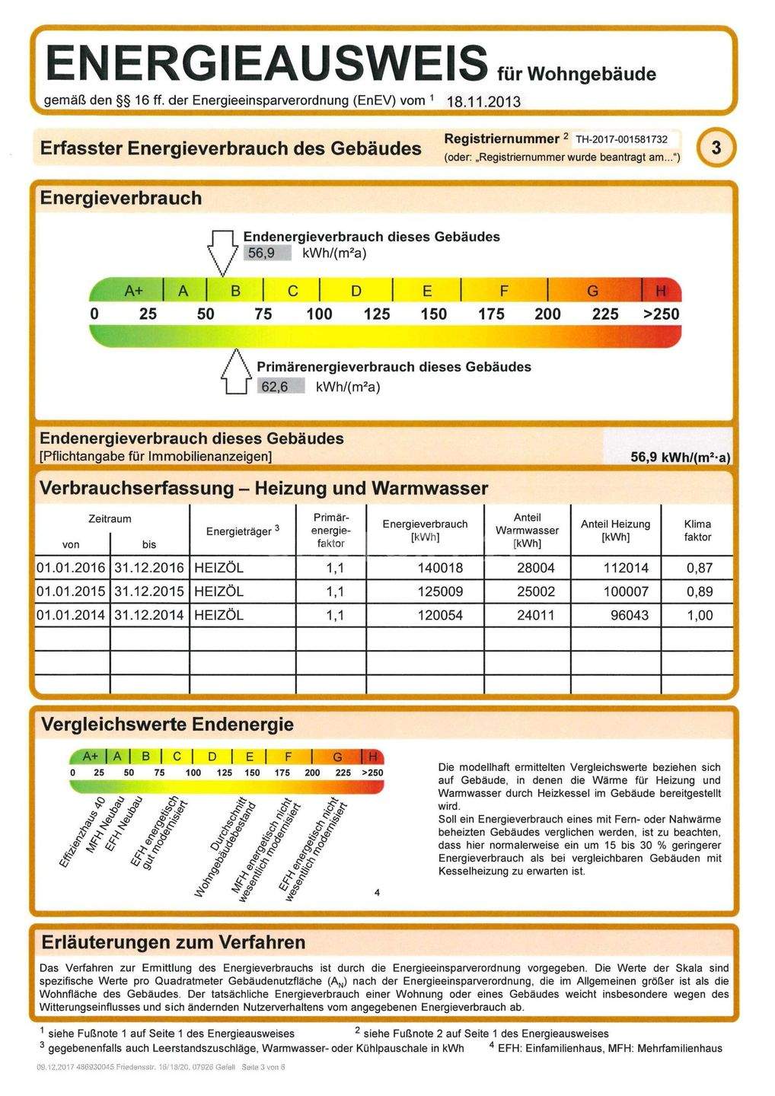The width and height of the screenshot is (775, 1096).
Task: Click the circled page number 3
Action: pos(716,148)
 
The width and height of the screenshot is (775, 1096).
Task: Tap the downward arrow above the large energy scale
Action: pos(222,251)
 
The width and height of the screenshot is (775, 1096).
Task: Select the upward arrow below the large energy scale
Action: pos(235,373)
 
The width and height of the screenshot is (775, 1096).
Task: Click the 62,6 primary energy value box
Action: pos(275,387)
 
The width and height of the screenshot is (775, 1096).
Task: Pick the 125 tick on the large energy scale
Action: pos(376,314)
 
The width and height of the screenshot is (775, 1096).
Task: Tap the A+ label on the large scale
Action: pos(134,291)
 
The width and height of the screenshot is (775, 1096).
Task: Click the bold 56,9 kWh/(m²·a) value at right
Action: pos(680,457)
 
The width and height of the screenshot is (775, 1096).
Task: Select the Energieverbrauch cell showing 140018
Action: pos(440,568)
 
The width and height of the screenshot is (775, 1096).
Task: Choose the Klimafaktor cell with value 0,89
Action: pos(699,591)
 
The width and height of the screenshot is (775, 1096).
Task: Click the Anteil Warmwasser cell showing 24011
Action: pos(536,615)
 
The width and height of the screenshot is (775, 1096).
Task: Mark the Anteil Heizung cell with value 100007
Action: pos(625,591)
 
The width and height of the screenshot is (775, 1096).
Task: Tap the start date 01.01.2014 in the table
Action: pos(71,615)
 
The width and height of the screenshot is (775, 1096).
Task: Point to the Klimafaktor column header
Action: pos(697,530)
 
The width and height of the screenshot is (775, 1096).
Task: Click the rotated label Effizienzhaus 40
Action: pos(81,834)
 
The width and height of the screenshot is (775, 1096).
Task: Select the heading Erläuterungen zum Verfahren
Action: pos(174,942)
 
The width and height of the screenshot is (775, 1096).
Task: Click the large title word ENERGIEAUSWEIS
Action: pos(266,62)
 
